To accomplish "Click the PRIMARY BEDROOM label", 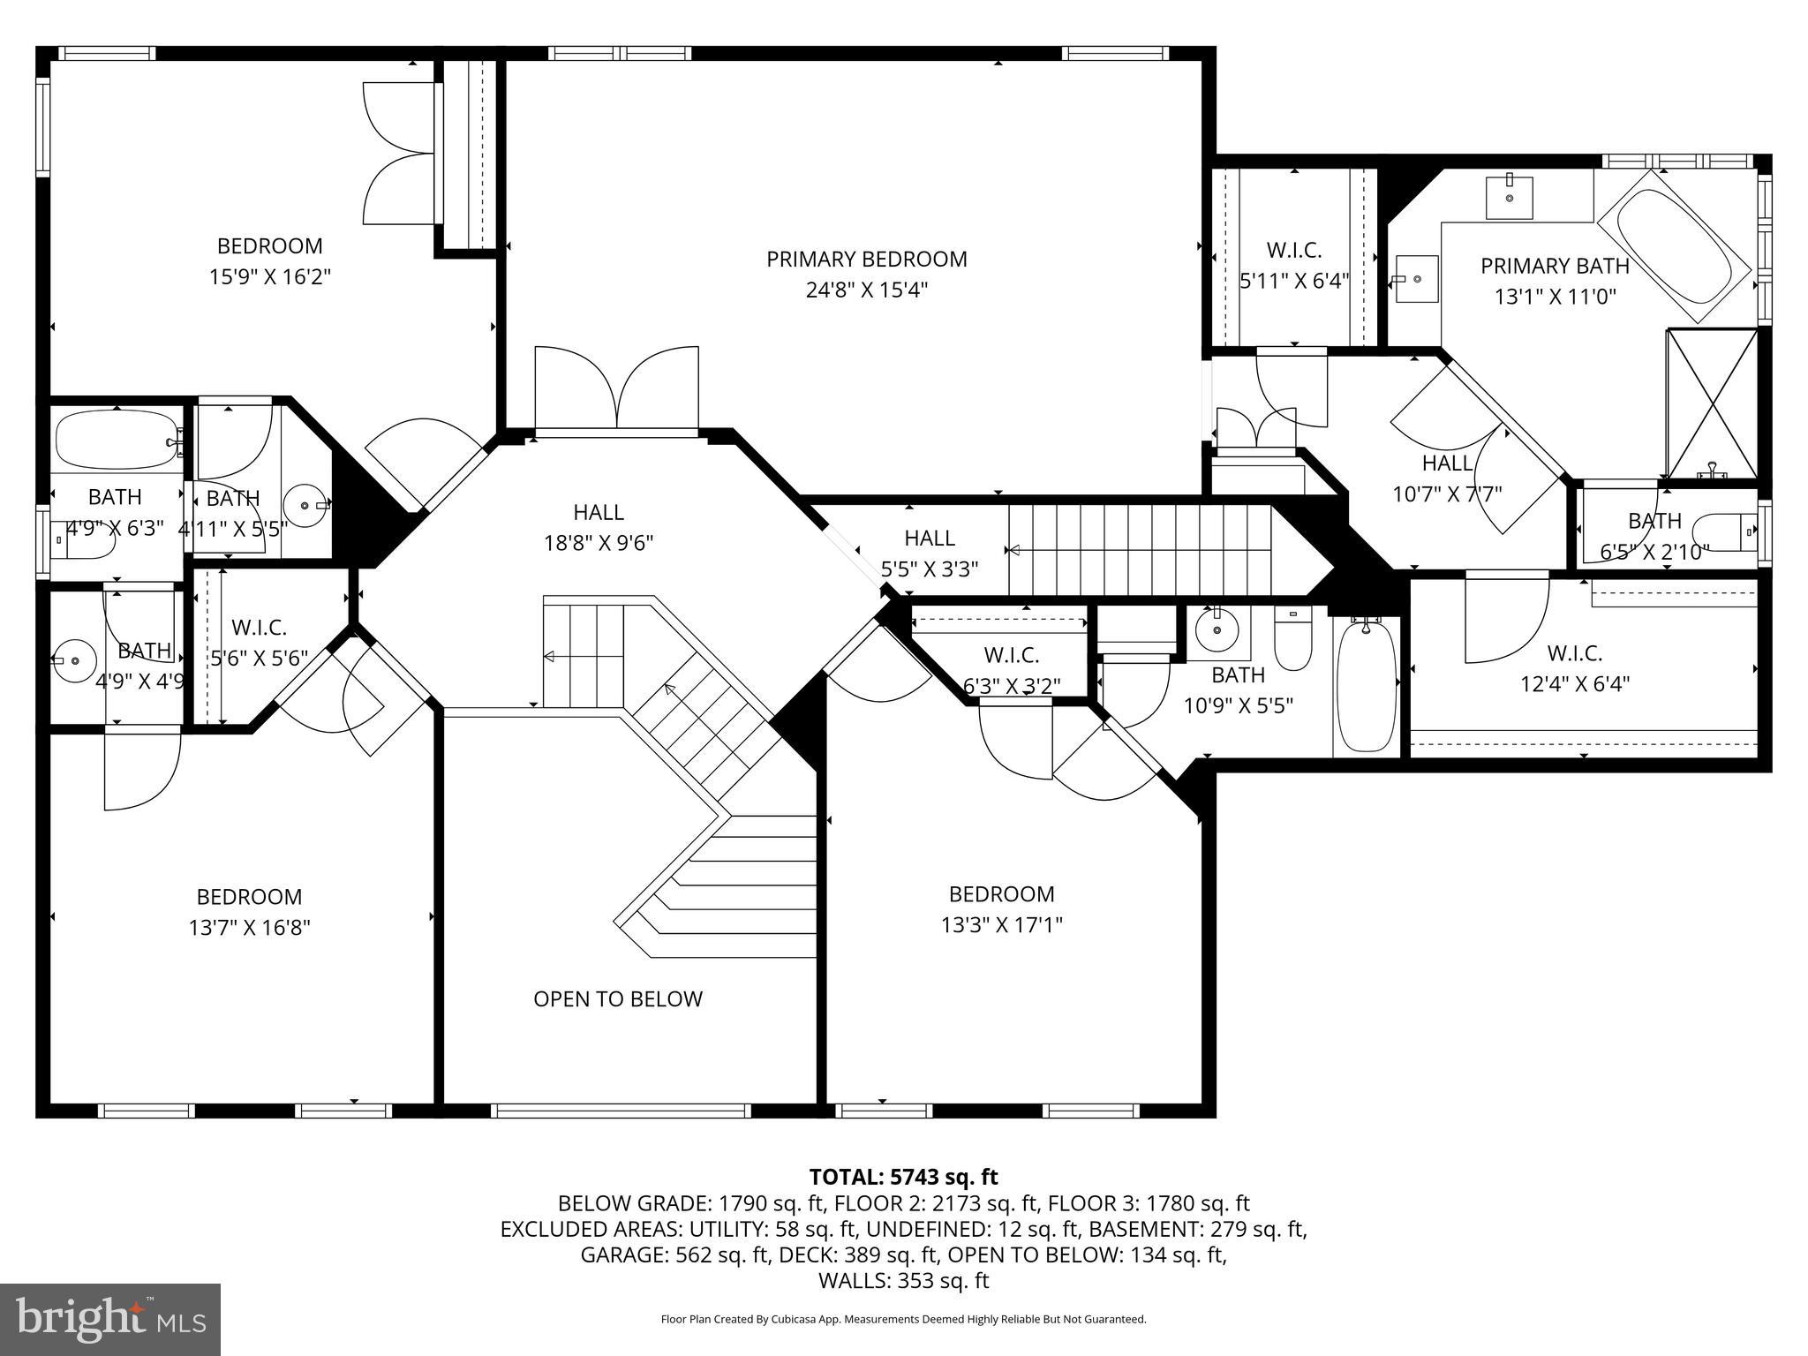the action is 866,260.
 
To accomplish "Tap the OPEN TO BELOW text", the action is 618,999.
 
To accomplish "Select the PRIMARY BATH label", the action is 1555,266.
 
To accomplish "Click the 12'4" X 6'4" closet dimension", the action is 1574,684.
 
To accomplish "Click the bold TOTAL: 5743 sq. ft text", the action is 903,1177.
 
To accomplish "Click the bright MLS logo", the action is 110,1320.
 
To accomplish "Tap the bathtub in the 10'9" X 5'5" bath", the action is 1366,685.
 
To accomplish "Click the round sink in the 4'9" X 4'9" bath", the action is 73,659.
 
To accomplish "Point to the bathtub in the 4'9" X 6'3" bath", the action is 117,440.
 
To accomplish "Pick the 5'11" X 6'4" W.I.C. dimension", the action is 1294,282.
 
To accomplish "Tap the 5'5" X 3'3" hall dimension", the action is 930,569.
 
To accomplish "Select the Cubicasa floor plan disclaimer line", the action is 903,1320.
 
